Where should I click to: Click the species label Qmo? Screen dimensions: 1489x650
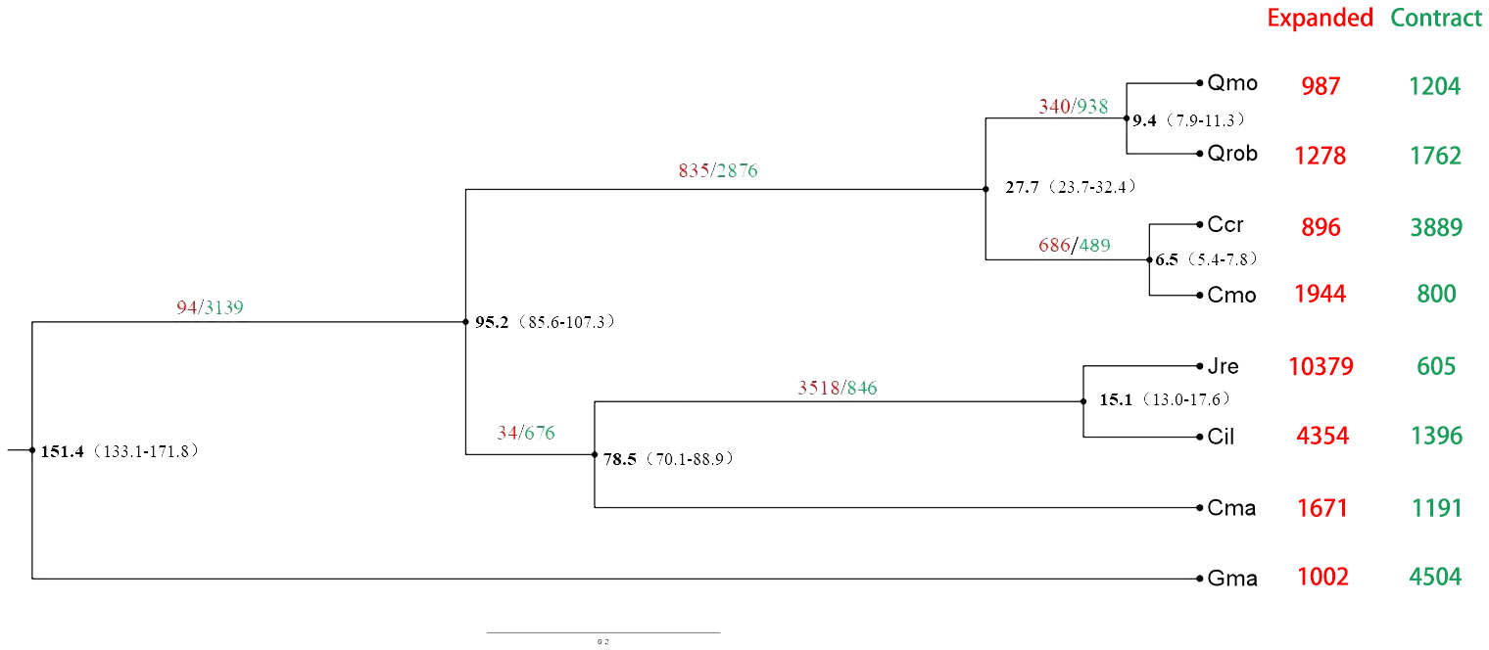click(x=1231, y=83)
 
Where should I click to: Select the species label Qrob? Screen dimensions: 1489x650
click(x=1232, y=154)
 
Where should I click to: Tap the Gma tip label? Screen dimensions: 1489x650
click(x=1232, y=579)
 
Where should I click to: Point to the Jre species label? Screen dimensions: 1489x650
click(x=1223, y=367)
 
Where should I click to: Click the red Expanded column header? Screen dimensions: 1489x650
click(x=1320, y=19)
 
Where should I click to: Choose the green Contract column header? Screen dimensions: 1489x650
click(x=1436, y=19)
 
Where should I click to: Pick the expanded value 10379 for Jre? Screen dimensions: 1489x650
click(x=1321, y=367)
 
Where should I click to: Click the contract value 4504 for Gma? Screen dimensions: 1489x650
click(x=1435, y=578)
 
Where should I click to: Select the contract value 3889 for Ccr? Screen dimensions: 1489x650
click(x=1436, y=228)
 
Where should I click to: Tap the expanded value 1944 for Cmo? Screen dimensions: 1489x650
click(x=1320, y=294)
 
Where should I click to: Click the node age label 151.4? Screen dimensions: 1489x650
click(x=63, y=451)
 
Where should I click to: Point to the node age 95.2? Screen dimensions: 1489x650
click(x=492, y=321)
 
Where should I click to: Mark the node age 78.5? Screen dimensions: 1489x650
click(x=620, y=458)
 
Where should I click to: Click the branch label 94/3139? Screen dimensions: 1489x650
click(x=210, y=307)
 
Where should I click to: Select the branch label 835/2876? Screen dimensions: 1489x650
click(x=717, y=171)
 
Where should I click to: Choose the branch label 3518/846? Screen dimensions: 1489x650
click(x=838, y=389)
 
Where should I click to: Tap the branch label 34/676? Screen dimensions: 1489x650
click(x=525, y=434)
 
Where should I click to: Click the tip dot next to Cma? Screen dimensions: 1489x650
click(x=1199, y=507)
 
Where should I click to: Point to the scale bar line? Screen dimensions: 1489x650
click(x=602, y=632)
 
